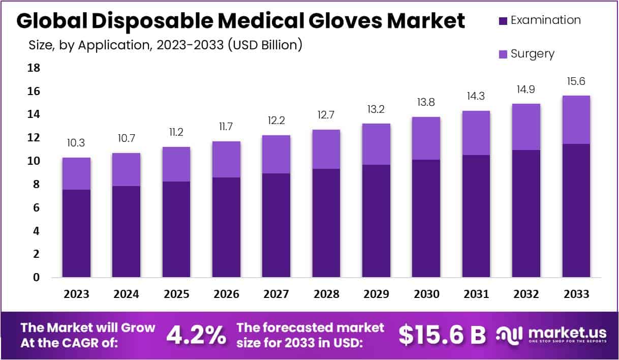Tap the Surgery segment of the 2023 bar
76,173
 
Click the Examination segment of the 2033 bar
576,210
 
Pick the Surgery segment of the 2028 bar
326,149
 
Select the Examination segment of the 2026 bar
226,227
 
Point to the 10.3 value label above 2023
76,143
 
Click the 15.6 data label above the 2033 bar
576,81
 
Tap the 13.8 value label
426,103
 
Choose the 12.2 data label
276,122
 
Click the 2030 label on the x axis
426,294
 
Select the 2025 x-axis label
176,294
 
